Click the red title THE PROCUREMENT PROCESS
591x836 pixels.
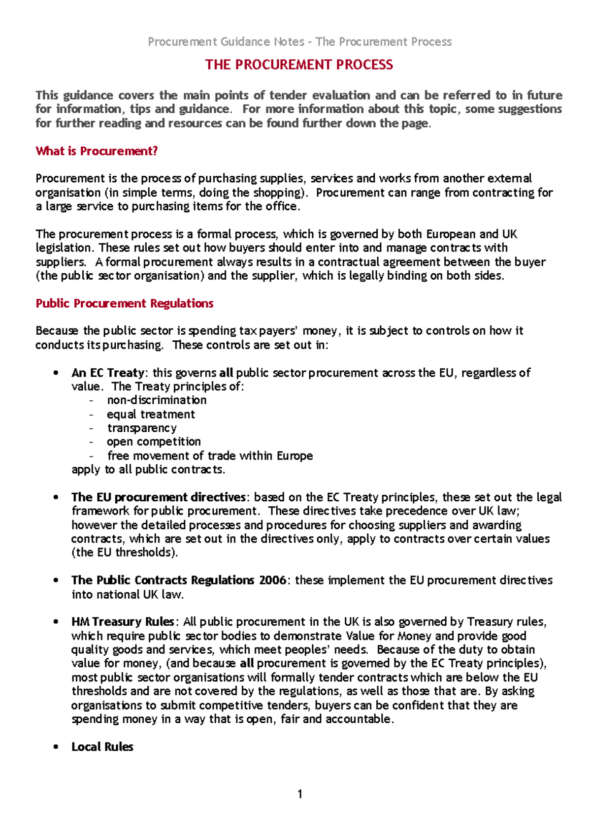point(299,64)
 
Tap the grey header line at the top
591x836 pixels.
point(299,42)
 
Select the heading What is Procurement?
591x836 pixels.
point(97,151)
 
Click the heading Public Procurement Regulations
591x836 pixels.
point(124,303)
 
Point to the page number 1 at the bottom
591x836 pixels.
point(300,794)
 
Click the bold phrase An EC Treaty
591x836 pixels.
point(108,373)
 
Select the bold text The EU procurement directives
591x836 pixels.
point(158,497)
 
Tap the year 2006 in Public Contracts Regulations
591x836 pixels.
point(272,580)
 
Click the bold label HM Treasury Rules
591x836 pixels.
point(123,622)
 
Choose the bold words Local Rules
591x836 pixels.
point(102,747)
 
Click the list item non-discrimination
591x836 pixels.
point(157,400)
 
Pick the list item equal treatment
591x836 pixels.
point(151,415)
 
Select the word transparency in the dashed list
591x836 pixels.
point(142,428)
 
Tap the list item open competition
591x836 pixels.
point(154,442)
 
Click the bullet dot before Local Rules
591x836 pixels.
point(56,747)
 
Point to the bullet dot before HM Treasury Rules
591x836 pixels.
point(56,622)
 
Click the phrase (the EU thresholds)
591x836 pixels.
point(125,552)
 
